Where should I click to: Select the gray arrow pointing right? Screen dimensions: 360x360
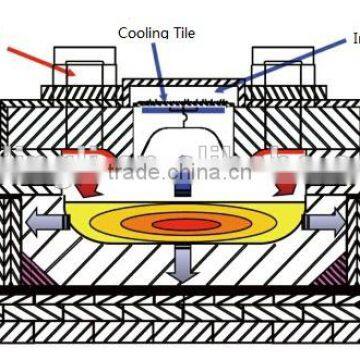tap(322, 220)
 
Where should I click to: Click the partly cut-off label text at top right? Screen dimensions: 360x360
tap(354, 40)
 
